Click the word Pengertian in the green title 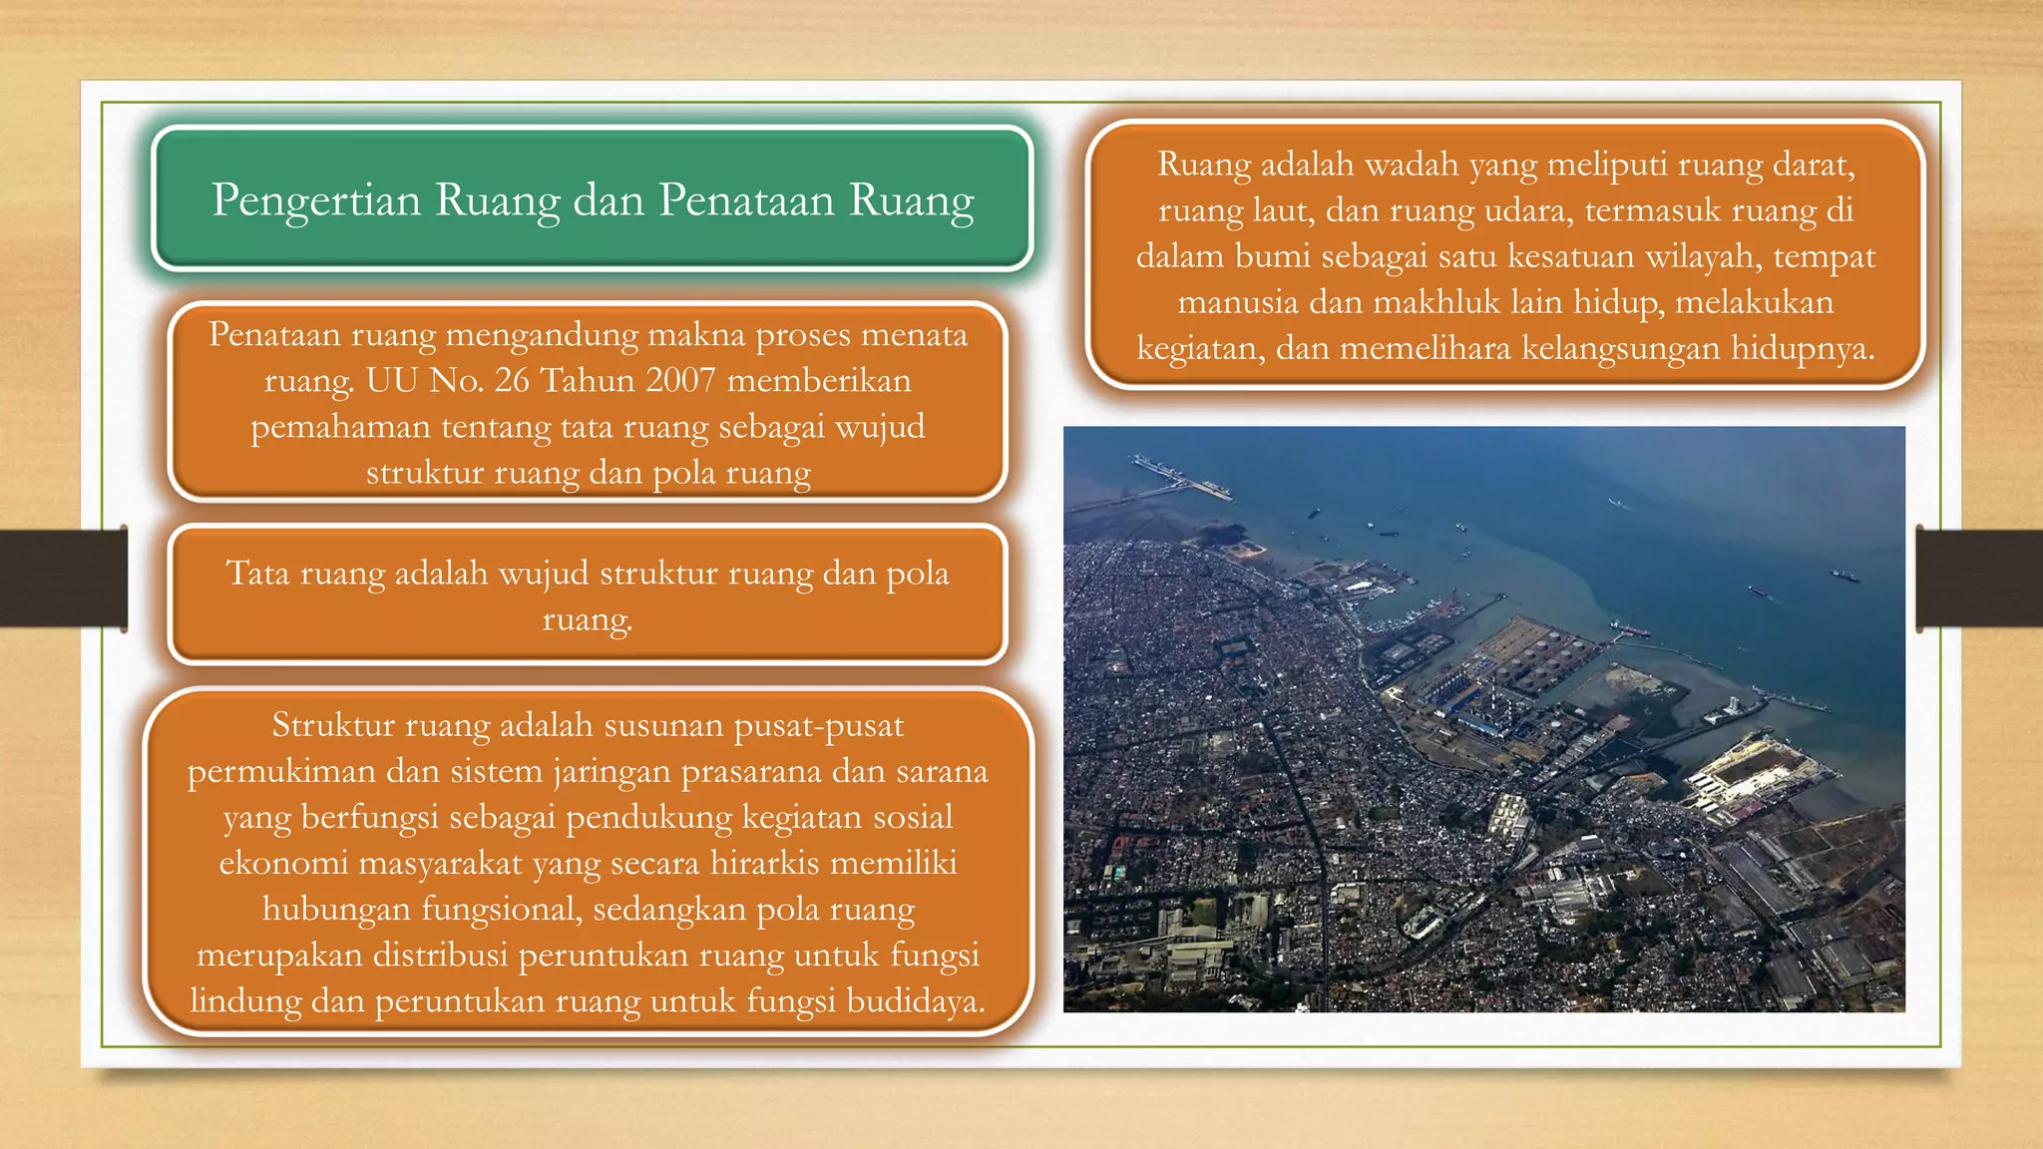316,200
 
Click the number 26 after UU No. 512,380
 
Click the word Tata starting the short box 257,574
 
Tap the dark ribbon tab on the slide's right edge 1979,578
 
